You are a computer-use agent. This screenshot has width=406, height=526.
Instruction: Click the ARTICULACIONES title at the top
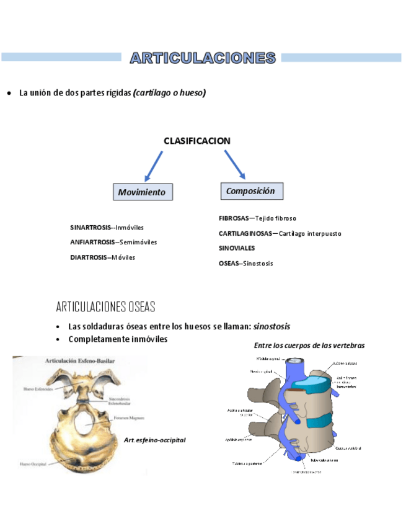(x=203, y=58)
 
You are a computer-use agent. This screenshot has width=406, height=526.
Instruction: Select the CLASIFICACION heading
(x=196, y=141)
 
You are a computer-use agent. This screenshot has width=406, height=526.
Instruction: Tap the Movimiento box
(x=143, y=192)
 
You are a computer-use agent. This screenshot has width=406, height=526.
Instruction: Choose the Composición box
(x=251, y=191)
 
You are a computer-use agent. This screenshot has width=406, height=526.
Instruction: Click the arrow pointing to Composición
(x=235, y=164)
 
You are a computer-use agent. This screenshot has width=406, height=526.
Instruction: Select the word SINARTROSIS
(x=90, y=228)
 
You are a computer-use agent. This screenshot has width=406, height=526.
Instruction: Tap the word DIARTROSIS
(x=89, y=257)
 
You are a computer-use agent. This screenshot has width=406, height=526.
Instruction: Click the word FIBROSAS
(x=233, y=218)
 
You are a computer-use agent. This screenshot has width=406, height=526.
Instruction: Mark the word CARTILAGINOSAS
(x=245, y=234)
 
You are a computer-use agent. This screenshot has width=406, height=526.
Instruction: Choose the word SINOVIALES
(x=237, y=248)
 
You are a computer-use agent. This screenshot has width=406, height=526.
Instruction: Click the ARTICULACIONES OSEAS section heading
(x=105, y=307)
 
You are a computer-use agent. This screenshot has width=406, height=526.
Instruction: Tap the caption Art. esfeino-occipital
(x=155, y=440)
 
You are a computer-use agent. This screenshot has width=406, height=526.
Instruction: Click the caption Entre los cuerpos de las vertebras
(x=309, y=345)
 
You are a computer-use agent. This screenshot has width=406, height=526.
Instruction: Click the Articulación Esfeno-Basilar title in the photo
(x=79, y=360)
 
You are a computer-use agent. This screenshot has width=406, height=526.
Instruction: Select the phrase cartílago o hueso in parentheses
(x=169, y=93)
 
